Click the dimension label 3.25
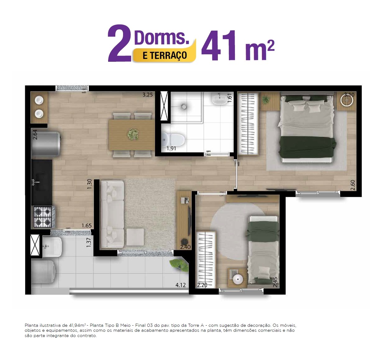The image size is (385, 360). pyautogui.click(x=148, y=95)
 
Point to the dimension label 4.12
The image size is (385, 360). pyautogui.click(x=181, y=285)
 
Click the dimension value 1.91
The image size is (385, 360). pyautogui.click(x=171, y=149)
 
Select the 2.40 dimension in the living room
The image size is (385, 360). pyautogui.click(x=185, y=247)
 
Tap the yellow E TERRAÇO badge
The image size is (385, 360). pyautogui.click(x=165, y=55)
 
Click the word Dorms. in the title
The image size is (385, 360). pyautogui.click(x=161, y=37)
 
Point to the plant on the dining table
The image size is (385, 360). pyautogui.click(x=133, y=134)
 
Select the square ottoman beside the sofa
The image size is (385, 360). pyautogui.click(x=135, y=237)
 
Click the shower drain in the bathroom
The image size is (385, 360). pyautogui.click(x=184, y=106)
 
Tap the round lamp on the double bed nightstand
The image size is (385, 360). pyautogui.click(x=347, y=100)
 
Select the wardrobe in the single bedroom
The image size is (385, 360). pyautogui.click(x=206, y=260)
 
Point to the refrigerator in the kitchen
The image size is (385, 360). pyautogui.click(x=46, y=144)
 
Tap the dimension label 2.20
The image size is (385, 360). pyautogui.click(x=202, y=285)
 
